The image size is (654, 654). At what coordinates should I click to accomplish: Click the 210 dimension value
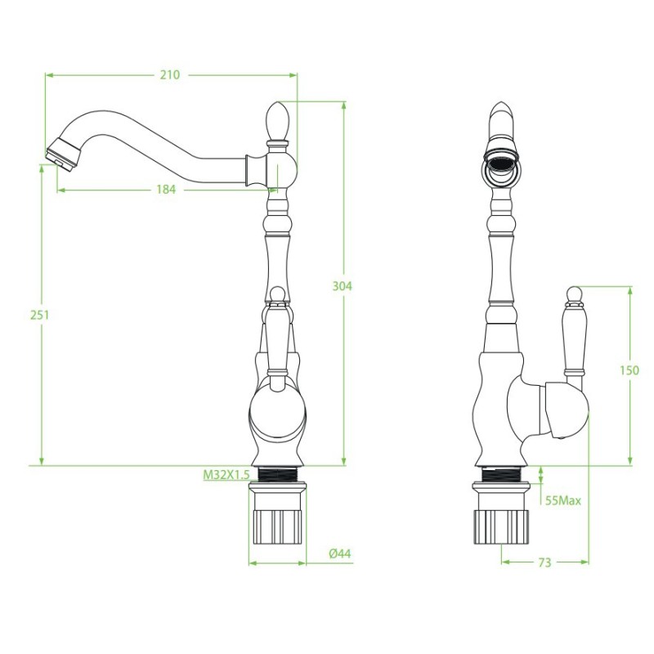click(x=170, y=74)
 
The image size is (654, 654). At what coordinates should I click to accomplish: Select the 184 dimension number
click(x=166, y=190)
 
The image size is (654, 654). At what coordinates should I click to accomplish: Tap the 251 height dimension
click(x=39, y=315)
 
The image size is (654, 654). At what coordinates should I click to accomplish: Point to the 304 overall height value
click(x=342, y=286)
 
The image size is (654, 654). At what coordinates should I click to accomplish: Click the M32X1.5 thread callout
click(x=226, y=475)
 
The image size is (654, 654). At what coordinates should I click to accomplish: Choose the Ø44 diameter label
click(x=339, y=553)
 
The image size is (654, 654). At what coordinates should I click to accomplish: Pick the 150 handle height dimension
click(x=629, y=370)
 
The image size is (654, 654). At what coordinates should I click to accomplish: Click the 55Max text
click(x=563, y=500)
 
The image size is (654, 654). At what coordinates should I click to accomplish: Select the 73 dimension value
click(x=544, y=562)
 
